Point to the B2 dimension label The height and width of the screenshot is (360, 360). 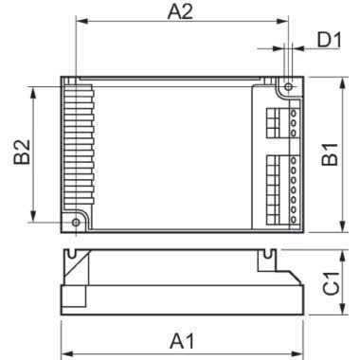point(22,154)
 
